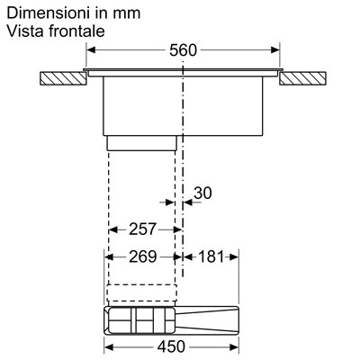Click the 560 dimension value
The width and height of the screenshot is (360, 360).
point(183,50)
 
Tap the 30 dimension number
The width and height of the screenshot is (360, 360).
point(202,193)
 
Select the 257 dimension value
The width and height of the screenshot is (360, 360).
point(143,229)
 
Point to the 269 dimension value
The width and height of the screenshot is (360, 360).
point(143,256)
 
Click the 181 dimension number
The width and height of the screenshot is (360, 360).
point(211,256)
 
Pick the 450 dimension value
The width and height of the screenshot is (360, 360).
point(171,347)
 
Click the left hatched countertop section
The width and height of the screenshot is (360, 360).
point(63,78)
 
